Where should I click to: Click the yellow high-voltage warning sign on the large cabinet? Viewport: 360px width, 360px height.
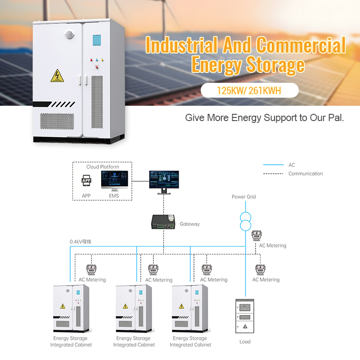click(x=57, y=75)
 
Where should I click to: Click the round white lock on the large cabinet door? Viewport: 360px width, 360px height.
click(x=69, y=34)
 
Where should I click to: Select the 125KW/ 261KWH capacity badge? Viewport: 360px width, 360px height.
click(x=249, y=90)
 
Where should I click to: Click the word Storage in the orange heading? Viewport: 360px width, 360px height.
click(x=275, y=64)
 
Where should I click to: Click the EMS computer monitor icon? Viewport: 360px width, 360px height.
click(x=114, y=181)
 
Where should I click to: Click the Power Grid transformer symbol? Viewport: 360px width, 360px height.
click(x=245, y=219)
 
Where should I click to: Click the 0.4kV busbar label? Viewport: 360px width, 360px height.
click(x=81, y=242)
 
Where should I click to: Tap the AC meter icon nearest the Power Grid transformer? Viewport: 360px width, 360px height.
click(x=256, y=236)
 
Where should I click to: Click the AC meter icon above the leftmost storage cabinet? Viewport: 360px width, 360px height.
click(x=92, y=269)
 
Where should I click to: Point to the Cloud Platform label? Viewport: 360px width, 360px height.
click(x=103, y=167)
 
